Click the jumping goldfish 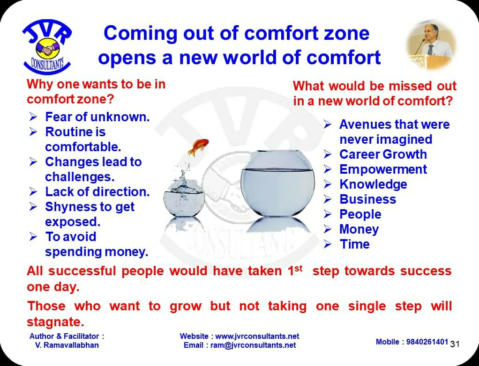[x=198, y=146]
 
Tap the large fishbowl [x=277, y=183]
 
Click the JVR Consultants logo [x=47, y=46]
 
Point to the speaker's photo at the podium [x=431, y=45]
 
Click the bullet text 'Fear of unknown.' [x=97, y=117]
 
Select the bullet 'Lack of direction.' [x=97, y=192]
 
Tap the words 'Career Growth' [x=383, y=154]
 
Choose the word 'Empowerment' [x=383, y=169]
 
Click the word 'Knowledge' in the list [x=373, y=184]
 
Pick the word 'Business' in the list [x=368, y=199]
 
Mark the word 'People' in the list [x=360, y=214]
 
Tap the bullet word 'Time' [x=355, y=244]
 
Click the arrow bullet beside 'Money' [x=328, y=229]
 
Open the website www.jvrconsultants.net [x=257, y=336]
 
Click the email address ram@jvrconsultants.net [x=253, y=345]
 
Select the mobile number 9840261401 [x=427, y=342]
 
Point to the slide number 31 [x=455, y=344]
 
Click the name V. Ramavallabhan [x=67, y=345]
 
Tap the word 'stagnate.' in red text [x=55, y=322]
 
